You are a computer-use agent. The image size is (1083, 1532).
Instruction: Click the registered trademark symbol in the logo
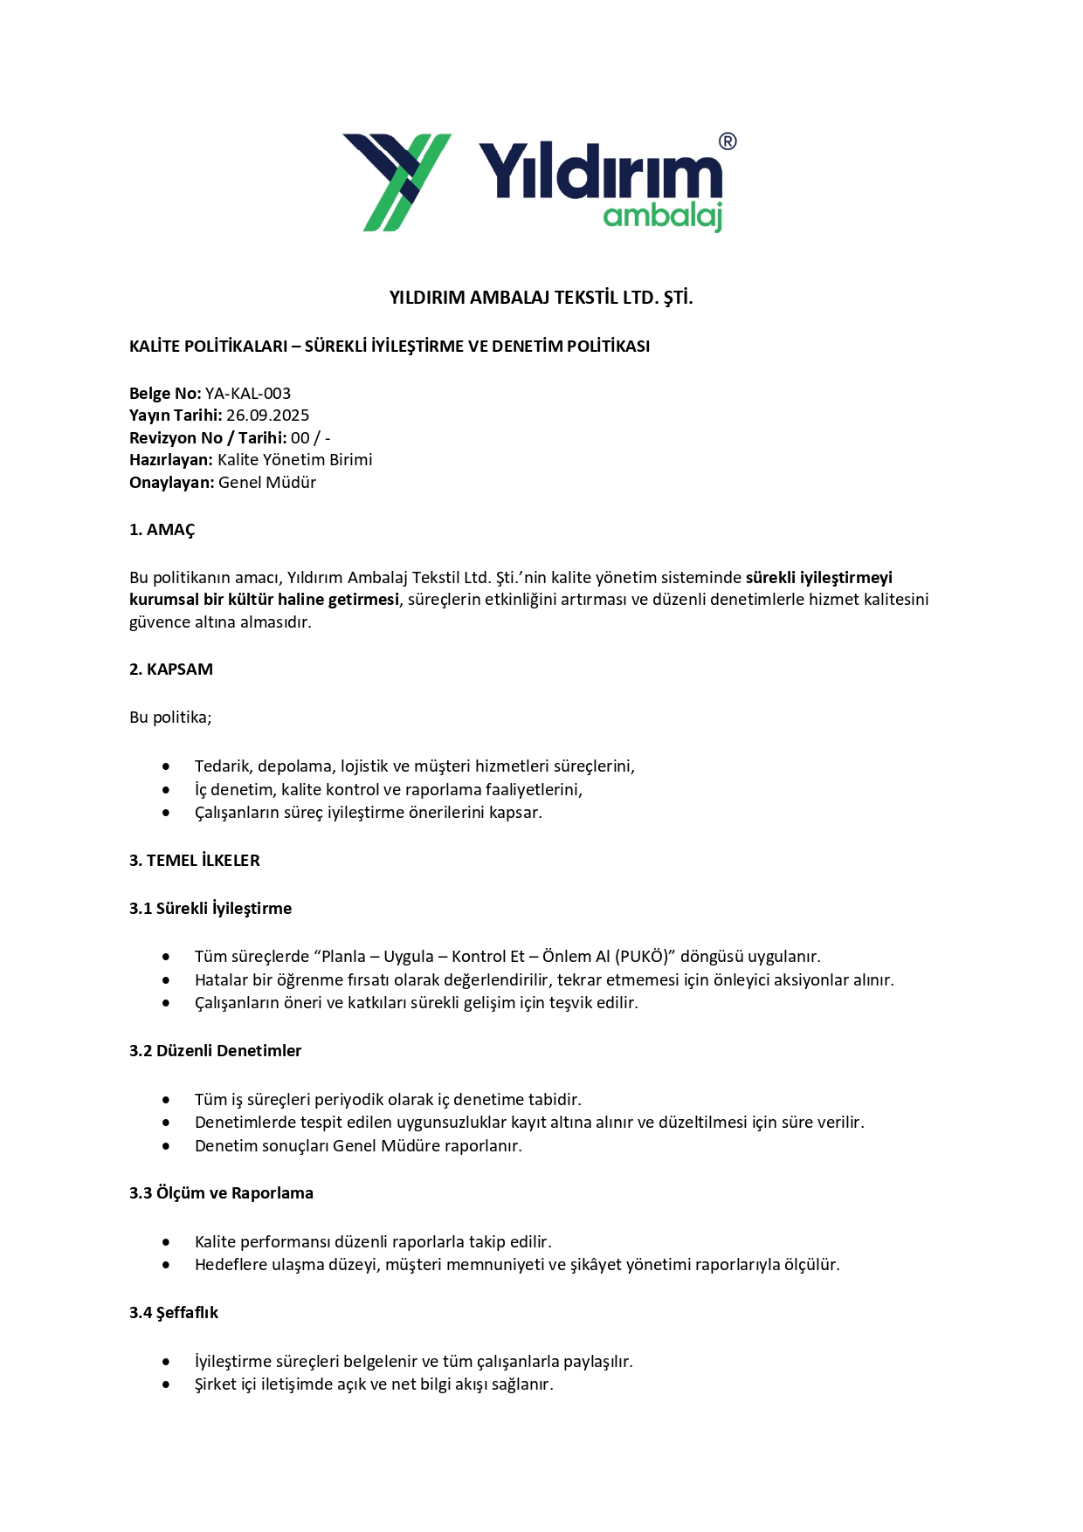point(727,141)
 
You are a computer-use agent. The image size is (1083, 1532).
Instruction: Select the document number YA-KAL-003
point(248,394)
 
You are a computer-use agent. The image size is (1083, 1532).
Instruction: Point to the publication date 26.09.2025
point(267,416)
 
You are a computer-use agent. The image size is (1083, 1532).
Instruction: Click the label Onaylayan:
point(171,483)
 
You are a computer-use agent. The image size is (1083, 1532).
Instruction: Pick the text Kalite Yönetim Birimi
point(295,460)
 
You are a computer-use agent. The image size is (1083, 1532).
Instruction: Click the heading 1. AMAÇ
point(162,530)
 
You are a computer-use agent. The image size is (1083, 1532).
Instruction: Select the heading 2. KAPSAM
point(171,670)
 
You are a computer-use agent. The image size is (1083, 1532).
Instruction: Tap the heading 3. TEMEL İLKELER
point(195,861)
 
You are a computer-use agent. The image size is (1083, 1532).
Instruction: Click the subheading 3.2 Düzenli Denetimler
point(215,1051)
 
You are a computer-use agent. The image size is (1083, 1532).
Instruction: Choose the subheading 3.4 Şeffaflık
point(174,1313)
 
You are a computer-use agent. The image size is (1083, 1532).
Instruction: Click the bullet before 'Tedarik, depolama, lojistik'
point(166,766)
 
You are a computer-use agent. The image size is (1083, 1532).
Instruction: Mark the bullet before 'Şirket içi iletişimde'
point(166,1384)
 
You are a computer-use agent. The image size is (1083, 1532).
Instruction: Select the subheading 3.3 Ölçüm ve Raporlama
point(221,1193)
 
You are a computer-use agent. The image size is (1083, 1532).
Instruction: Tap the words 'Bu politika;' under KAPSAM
point(170,718)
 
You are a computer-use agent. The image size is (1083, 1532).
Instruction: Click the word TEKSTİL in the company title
point(586,298)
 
